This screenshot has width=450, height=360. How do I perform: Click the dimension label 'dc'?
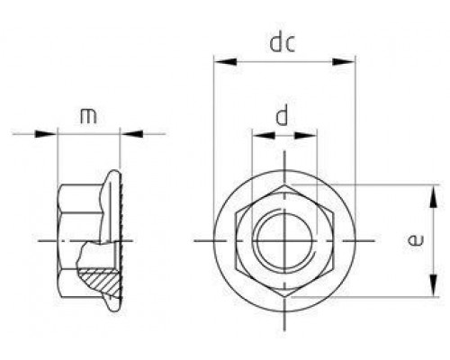283,42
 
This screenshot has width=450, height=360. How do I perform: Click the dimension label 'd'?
283,116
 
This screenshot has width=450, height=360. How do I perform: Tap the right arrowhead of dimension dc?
346,61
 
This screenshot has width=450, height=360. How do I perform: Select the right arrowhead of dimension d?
310,136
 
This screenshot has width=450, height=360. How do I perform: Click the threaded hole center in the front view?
284,241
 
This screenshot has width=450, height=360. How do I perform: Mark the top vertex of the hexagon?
284,184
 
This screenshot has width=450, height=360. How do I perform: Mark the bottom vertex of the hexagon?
284,297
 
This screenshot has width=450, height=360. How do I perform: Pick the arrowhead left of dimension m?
50,135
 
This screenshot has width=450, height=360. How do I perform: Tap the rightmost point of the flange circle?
356,241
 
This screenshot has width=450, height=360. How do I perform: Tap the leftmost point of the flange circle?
213,241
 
